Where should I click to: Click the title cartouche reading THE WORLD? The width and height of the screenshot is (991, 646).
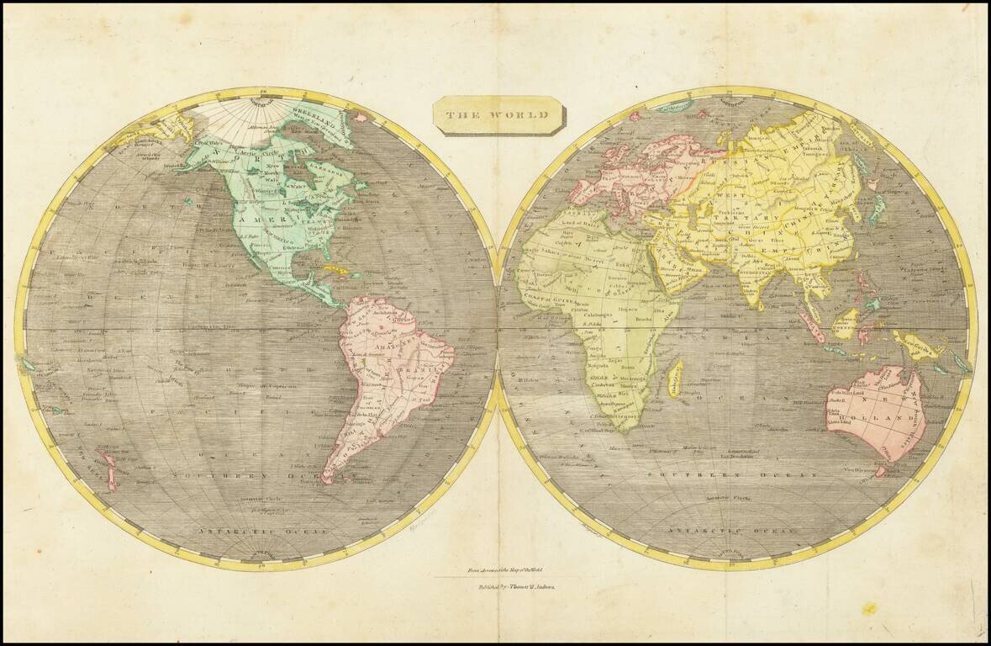click(498, 114)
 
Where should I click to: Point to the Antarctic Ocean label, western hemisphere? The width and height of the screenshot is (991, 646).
click(244, 532)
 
